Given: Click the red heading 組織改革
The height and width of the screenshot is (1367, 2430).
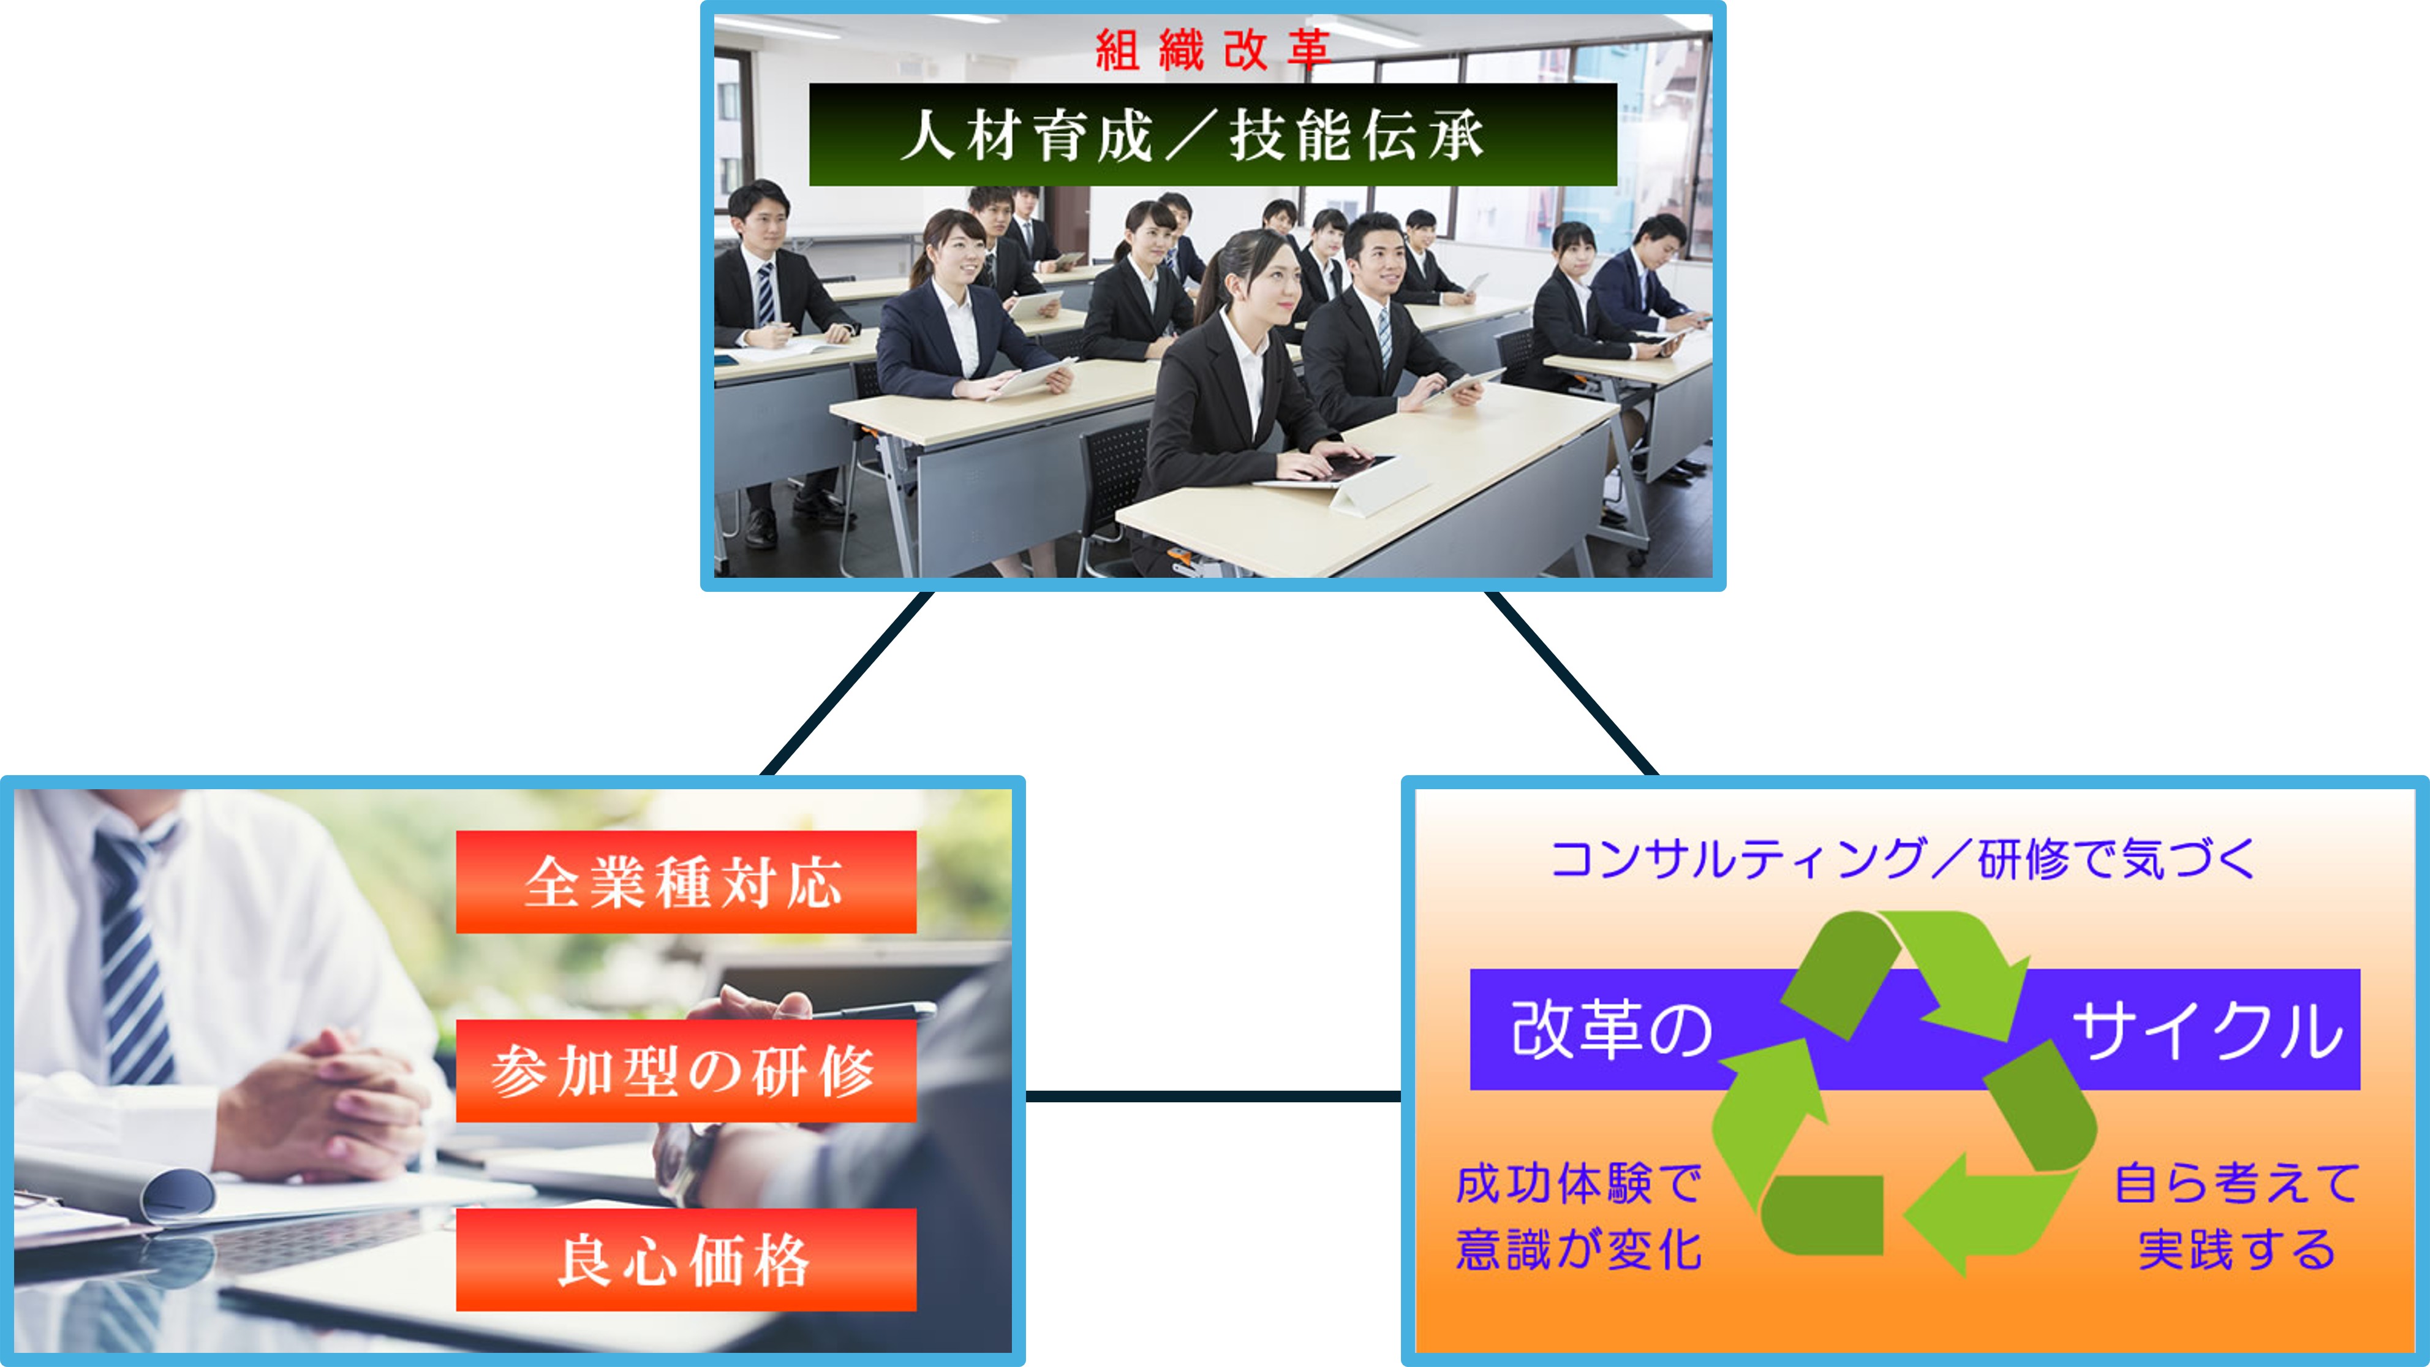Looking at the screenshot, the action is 1212,50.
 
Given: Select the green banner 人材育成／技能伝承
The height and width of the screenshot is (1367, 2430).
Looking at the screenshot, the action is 1213,134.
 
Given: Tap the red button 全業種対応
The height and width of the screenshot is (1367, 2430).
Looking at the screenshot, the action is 686,882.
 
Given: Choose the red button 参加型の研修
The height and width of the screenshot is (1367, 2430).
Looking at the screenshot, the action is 686,1071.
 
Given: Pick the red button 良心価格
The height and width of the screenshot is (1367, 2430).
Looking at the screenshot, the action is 686,1259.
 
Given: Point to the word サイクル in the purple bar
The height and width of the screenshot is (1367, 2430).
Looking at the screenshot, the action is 2208,1030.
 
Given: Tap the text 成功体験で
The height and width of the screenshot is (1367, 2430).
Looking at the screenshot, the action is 1578,1184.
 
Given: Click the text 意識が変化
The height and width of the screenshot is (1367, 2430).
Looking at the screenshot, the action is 1578,1250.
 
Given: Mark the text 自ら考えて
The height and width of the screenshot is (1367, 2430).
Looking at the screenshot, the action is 2236,1184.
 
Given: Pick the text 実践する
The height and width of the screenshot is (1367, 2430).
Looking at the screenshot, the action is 2236,1250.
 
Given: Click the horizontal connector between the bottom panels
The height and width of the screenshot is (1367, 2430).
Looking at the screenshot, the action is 1213,1096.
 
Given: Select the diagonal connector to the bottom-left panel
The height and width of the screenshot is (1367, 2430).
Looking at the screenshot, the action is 846,684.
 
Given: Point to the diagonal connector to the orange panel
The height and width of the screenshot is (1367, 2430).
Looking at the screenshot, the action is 1572,684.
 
